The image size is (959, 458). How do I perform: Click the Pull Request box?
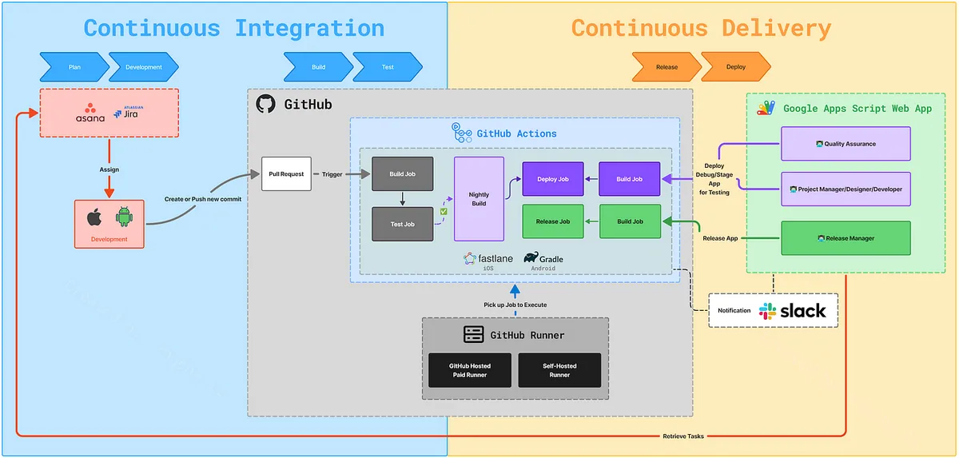[286, 173]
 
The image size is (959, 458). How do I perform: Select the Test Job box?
[402, 224]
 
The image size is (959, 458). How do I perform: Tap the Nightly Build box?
[479, 198]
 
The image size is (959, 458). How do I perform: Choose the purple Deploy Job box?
[552, 179]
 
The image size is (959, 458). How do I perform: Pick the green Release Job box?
[552, 221]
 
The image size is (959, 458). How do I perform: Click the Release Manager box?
[846, 238]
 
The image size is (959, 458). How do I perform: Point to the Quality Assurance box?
[846, 144]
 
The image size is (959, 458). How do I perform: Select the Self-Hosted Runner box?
[559, 370]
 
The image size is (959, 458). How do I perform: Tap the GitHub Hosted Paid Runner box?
[470, 370]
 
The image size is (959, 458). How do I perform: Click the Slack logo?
[768, 310]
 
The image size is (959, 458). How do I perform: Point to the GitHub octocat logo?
[265, 104]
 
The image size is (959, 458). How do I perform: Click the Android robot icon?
[123, 217]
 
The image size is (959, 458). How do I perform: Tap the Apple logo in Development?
[95, 217]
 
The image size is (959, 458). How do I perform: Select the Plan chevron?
[74, 67]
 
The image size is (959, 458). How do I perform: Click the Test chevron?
[388, 67]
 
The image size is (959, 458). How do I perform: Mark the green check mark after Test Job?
[444, 211]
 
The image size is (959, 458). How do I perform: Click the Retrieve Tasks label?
[684, 436]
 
